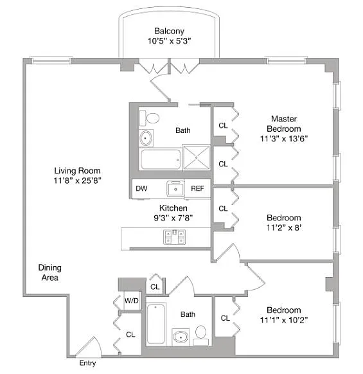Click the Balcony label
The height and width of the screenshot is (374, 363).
click(x=169, y=31)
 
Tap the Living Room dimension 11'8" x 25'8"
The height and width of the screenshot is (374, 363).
click(x=77, y=181)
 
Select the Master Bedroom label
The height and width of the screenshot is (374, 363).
click(x=284, y=123)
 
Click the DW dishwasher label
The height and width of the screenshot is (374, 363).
click(x=141, y=188)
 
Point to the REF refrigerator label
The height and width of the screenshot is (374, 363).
click(x=197, y=188)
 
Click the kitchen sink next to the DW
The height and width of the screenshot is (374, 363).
click(x=175, y=188)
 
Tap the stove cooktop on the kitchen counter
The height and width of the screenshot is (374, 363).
click(x=175, y=237)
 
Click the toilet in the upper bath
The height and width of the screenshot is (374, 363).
click(x=149, y=118)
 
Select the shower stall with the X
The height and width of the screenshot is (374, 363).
click(x=196, y=157)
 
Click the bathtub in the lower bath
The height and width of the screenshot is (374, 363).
click(x=156, y=324)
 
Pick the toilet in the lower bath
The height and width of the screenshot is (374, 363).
click(x=200, y=335)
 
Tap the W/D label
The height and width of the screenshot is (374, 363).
click(x=132, y=301)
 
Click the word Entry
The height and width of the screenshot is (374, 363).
click(x=87, y=363)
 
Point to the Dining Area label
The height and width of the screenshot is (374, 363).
click(x=50, y=272)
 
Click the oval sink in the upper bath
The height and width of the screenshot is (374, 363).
click(x=145, y=138)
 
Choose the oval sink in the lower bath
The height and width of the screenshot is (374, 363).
click(x=181, y=337)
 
